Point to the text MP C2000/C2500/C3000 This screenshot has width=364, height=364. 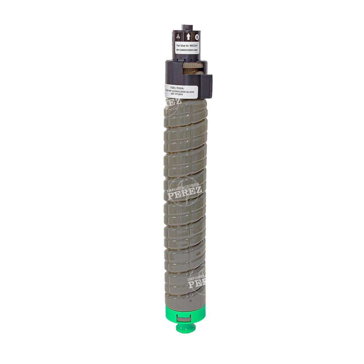(x=187, y=51)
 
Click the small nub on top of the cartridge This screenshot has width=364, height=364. (x=187, y=27)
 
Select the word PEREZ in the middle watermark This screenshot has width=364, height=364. (x=185, y=192)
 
